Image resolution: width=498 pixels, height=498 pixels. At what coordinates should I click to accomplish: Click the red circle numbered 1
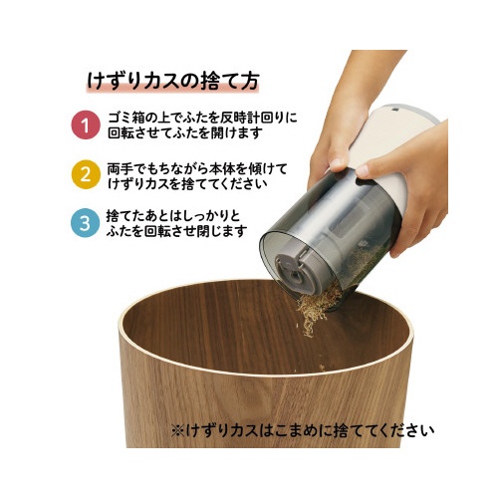(x=86, y=124)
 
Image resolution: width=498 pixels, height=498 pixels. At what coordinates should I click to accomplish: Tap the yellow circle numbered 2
(x=86, y=174)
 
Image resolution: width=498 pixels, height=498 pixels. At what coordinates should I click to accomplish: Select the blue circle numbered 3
(x=85, y=223)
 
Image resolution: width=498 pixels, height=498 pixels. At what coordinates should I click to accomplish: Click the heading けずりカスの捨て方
(x=172, y=81)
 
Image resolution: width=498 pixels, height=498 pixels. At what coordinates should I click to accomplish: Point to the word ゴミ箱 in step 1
(x=129, y=118)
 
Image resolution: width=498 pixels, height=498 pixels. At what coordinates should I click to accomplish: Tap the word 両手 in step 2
(x=121, y=169)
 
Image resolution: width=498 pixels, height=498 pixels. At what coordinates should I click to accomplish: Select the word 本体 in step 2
(x=226, y=169)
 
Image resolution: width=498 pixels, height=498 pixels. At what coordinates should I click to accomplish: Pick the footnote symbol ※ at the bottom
(x=178, y=431)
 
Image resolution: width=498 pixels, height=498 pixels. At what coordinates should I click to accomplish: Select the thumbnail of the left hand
(x=338, y=162)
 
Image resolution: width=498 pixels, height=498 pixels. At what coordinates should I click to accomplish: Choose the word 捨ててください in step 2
(x=224, y=183)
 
